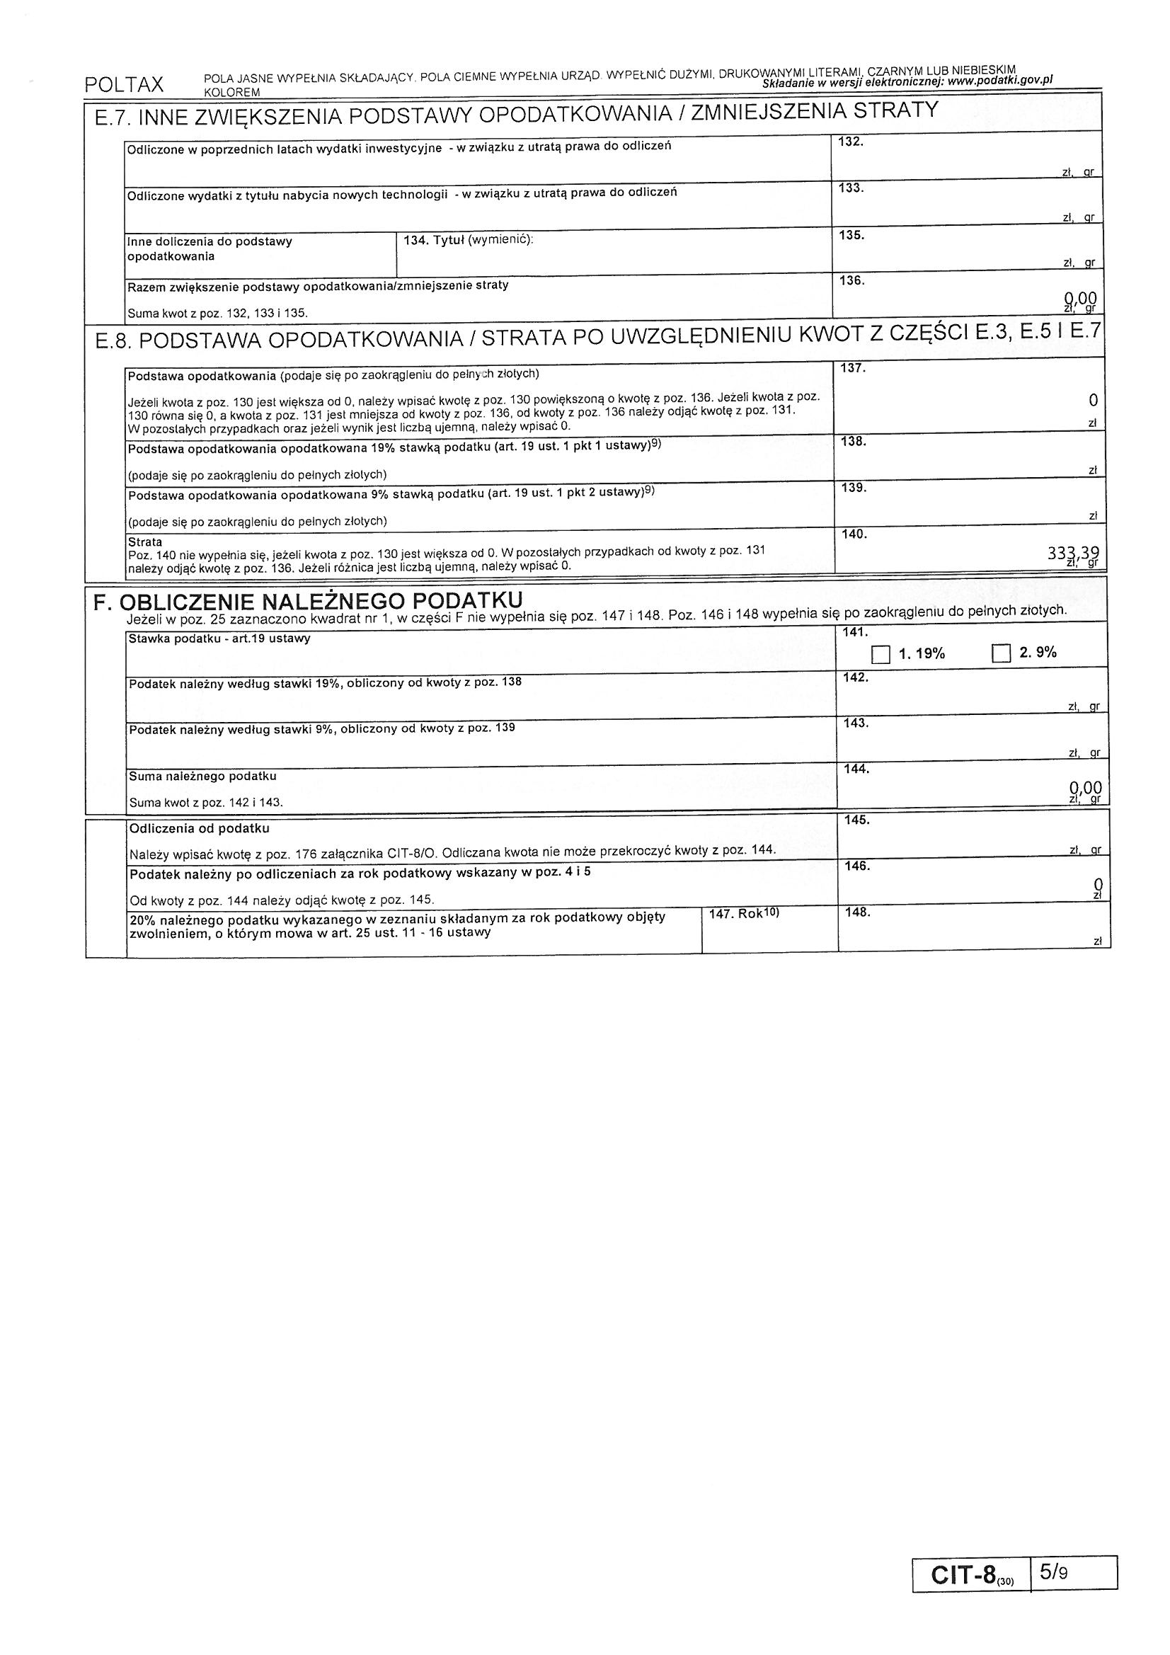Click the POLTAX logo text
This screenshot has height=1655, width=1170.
pos(124,85)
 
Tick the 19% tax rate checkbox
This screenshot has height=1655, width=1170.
pos(881,655)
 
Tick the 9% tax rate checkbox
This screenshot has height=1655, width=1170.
pos(1002,654)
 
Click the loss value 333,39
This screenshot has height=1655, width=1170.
pos(1073,554)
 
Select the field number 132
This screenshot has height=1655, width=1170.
pos(851,142)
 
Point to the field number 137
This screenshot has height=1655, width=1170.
pos(853,368)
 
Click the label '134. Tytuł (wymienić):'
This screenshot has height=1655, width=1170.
pos(468,240)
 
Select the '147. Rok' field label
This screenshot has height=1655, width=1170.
pos(744,913)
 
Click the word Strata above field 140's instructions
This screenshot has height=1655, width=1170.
pos(145,542)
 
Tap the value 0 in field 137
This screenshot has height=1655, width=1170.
pos(1093,400)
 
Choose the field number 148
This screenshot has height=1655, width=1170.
pos(857,912)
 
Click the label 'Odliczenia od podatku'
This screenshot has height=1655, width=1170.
pos(199,829)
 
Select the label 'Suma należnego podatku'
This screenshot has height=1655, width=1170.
pos(202,777)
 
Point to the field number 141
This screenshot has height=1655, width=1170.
pos(856,632)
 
